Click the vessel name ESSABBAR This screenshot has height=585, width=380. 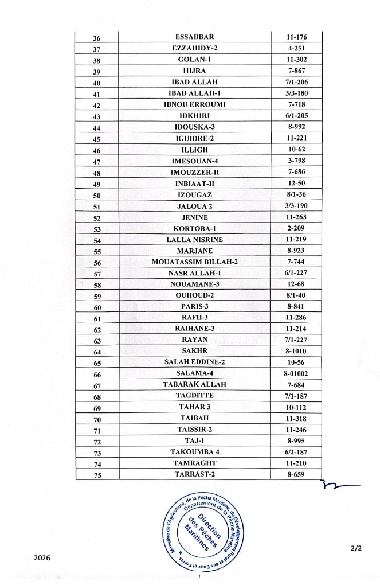194,38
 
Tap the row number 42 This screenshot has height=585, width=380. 96,106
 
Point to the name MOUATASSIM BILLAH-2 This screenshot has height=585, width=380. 194,262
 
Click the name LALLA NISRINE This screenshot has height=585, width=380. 194,240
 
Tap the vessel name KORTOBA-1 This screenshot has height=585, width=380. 194,228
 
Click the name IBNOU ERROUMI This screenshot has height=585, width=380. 194,104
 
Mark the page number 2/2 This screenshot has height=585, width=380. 356,548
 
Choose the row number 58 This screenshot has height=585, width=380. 96,285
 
